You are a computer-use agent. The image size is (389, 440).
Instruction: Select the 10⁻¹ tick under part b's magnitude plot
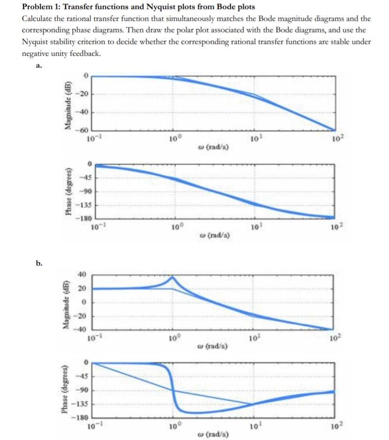coord(93,336)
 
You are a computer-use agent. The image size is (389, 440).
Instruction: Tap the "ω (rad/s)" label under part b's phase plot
coord(214,432)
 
